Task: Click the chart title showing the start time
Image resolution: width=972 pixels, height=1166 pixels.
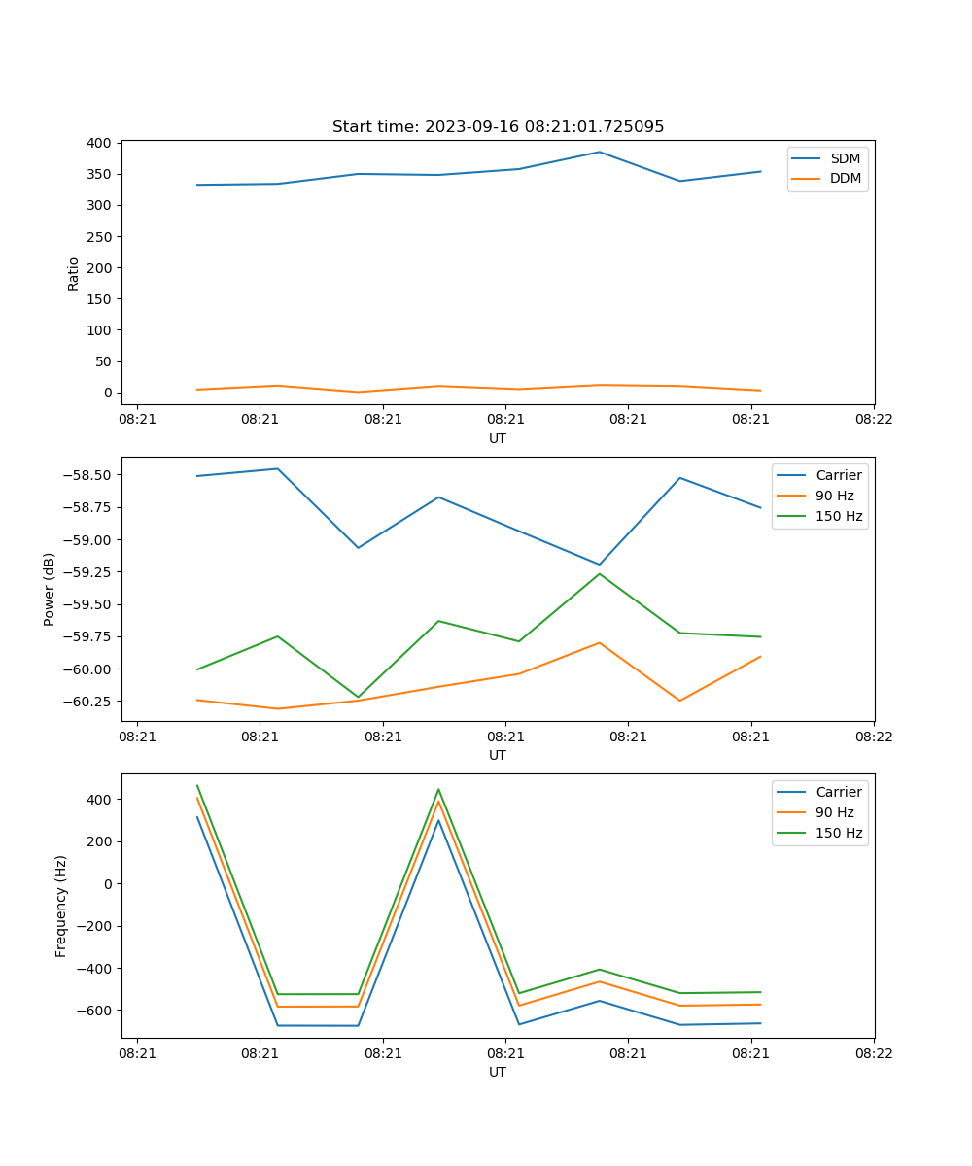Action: click(x=498, y=126)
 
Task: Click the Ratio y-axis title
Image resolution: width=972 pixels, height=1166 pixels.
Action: click(x=74, y=273)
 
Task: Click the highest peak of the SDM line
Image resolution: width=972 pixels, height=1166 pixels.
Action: click(x=599, y=152)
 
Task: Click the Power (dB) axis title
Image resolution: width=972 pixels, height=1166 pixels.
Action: click(x=50, y=589)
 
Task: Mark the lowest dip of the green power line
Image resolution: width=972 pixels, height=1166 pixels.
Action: click(x=358, y=697)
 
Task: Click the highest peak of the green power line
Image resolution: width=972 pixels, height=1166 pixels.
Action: click(x=599, y=574)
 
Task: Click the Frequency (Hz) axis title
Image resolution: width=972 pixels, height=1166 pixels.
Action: click(x=61, y=906)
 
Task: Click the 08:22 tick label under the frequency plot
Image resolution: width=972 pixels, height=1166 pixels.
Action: click(x=873, y=1052)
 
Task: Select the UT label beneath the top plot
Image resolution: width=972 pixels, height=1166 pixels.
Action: click(x=498, y=438)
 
